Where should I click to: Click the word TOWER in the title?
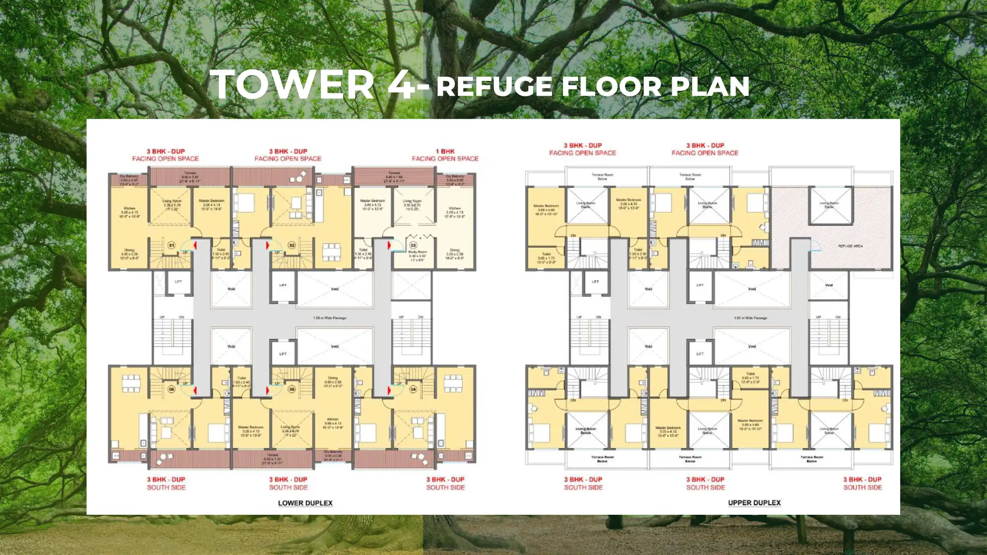pos(292,85)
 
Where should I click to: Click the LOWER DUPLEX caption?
pos(305,503)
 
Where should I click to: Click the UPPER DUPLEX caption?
pos(754,502)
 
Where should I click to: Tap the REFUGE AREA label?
pos(850,246)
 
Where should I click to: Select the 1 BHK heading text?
pos(445,151)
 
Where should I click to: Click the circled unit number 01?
pos(171,245)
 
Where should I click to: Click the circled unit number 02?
pos(292,245)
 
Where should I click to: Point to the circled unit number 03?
pos(413,245)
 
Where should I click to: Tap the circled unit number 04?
pos(413,389)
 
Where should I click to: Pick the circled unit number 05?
pos(292,389)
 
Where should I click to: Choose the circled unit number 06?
pos(171,389)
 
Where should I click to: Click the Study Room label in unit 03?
pos(417,252)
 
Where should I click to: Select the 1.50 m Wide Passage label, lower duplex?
pos(329,318)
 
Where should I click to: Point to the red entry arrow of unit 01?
pos(195,245)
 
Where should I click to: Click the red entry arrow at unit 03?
pos(389,245)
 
